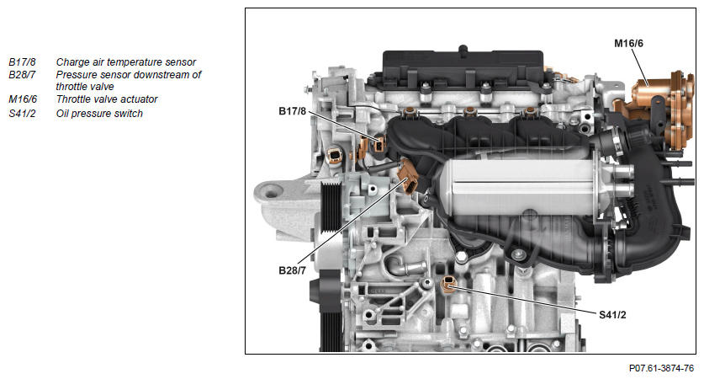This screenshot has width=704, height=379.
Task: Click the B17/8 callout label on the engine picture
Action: [x=292, y=111]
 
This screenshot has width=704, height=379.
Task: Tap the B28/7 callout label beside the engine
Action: [x=292, y=270]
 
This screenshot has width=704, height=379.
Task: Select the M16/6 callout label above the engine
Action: [x=628, y=43]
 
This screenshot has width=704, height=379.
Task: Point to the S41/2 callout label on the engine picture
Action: [x=612, y=315]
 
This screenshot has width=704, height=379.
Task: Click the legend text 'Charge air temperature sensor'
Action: [x=126, y=62]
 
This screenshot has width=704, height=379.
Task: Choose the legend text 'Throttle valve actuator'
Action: [x=107, y=99]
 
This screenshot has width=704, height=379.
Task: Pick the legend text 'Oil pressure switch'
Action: [x=99, y=114]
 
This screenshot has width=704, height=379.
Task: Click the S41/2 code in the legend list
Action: [x=22, y=114]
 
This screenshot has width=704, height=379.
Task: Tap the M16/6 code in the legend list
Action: [x=23, y=99]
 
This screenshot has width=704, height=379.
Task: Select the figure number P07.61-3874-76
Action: [x=661, y=368]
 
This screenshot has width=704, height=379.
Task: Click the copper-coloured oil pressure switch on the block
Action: [x=448, y=284]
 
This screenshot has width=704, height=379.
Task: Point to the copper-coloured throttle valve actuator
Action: [x=658, y=108]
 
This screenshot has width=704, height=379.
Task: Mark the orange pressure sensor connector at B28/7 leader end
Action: [x=409, y=176]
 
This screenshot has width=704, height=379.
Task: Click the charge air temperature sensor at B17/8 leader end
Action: [x=379, y=143]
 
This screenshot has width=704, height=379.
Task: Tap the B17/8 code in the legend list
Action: [x=22, y=62]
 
